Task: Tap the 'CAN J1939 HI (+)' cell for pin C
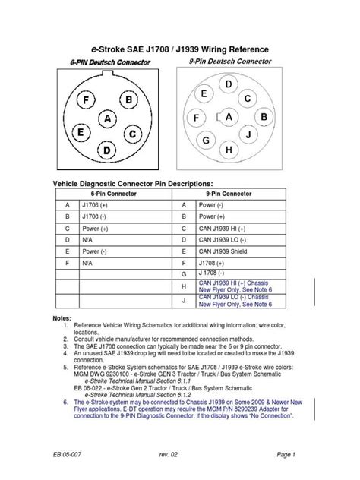click(225, 228)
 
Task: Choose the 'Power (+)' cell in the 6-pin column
click(95, 228)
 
